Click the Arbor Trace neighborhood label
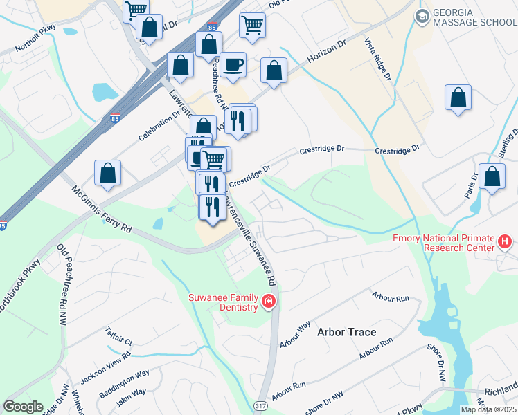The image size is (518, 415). click(x=346, y=332)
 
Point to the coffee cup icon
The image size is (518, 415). click(x=233, y=65)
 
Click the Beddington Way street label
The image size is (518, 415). click(x=123, y=382)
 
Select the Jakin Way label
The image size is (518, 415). click(x=131, y=397)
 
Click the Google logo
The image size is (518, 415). click(x=23, y=407)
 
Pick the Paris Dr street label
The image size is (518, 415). click(x=472, y=185)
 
